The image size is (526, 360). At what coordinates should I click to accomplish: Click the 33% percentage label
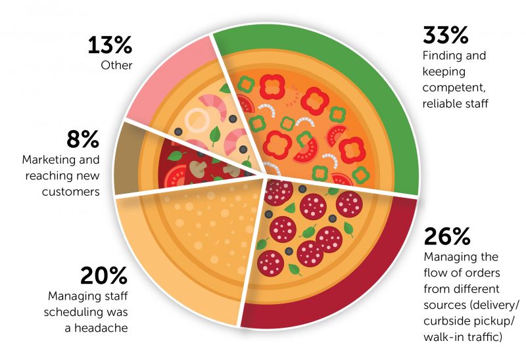pyautogui.click(x=448, y=35)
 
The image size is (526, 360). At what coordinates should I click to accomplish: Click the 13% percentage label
pyautogui.click(x=110, y=46)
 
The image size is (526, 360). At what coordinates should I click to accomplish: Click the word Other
pyautogui.click(x=117, y=66)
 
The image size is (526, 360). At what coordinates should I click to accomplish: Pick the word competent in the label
pyautogui.click(x=452, y=87)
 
